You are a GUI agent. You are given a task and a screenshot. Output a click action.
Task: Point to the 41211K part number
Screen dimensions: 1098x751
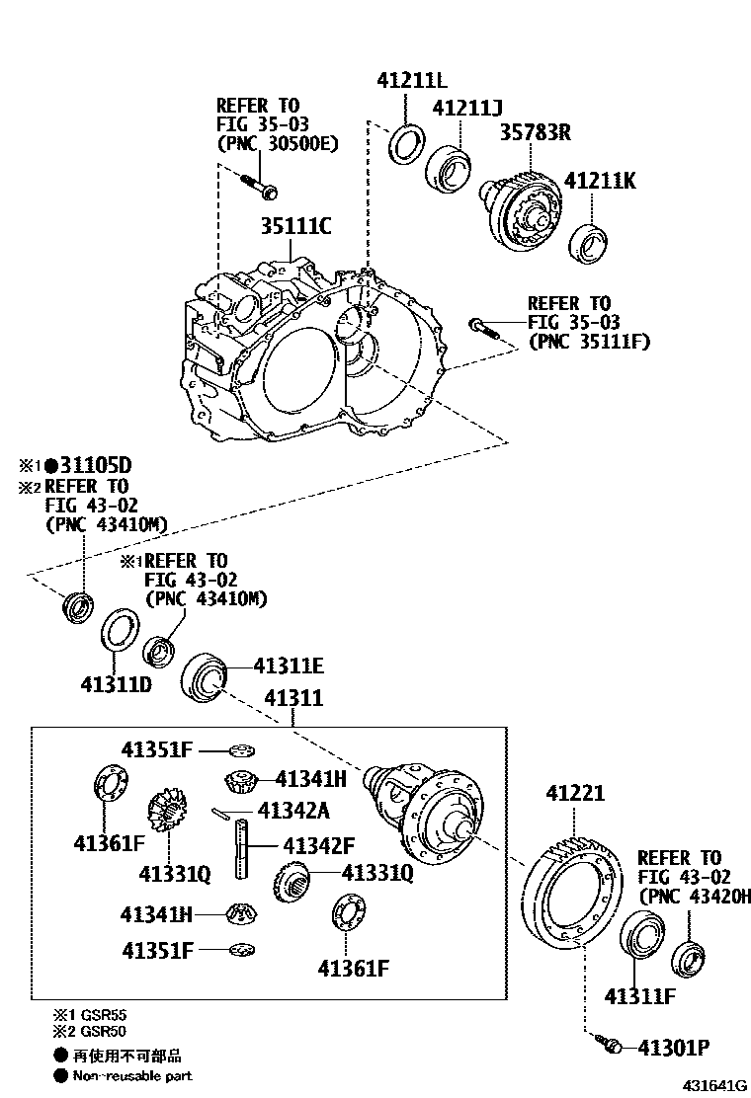(600, 181)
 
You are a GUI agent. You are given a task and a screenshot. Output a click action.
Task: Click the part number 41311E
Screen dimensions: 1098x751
(289, 667)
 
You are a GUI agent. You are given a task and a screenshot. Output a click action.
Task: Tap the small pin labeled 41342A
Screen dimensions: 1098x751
(223, 813)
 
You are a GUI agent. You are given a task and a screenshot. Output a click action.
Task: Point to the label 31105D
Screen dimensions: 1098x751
(94, 465)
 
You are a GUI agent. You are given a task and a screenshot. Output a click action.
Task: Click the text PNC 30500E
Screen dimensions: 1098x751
(278, 143)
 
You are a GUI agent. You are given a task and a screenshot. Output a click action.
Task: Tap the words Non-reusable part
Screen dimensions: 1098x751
(132, 1075)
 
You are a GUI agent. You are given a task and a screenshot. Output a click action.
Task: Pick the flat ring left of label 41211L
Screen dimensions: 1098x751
(404, 143)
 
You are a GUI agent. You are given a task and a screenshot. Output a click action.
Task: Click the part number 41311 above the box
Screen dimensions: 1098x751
(292, 699)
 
